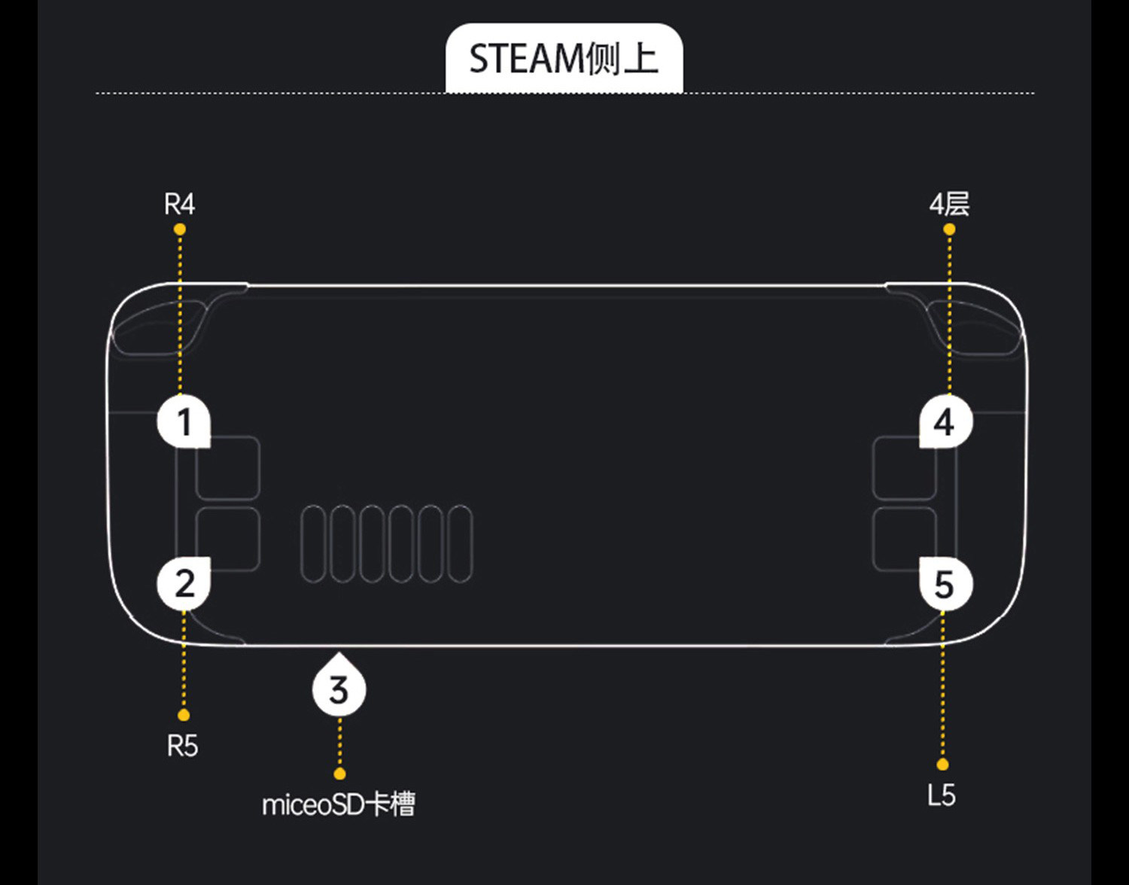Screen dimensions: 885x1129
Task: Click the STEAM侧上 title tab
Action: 564,59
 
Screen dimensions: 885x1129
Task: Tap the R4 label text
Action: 179,204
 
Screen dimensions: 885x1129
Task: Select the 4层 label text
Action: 949,204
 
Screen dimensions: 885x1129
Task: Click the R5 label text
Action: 182,746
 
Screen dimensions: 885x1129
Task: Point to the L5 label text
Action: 942,795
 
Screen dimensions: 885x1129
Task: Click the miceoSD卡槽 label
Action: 339,805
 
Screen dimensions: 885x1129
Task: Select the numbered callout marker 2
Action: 184,584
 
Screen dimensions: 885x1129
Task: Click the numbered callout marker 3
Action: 339,689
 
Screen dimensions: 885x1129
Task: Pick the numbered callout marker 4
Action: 945,421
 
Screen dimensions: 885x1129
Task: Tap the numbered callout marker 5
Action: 945,585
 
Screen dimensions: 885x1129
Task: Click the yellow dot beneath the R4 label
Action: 179,229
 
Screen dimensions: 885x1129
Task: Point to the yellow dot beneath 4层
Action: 949,229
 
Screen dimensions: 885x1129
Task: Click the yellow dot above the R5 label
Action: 184,715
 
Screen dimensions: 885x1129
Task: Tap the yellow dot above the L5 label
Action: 942,765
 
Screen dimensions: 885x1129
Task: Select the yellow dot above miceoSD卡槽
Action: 339,774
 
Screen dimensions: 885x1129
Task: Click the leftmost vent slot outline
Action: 314,544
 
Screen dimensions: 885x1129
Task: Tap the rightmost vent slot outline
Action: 460,544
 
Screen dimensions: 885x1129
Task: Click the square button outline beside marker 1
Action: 228,467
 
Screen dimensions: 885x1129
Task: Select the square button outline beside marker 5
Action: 904,539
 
